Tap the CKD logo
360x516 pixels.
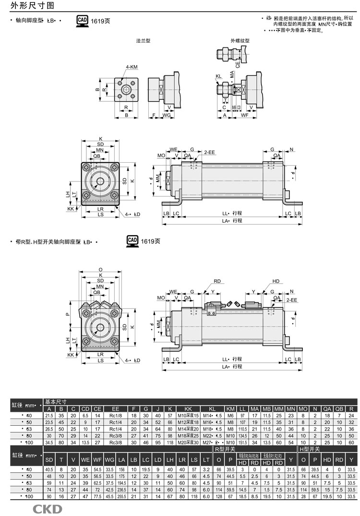coord(47,509)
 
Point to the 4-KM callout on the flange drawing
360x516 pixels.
coord(131,67)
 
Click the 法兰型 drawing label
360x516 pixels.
coord(143,41)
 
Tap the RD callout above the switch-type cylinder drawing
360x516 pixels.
coord(217,281)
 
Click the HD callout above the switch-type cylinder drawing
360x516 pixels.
coord(276,281)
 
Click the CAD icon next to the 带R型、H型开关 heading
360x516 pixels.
coord(132,240)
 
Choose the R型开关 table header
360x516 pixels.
coord(224,448)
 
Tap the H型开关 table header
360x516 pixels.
coord(310,448)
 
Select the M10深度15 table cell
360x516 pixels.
coord(188,415)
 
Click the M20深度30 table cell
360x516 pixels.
coord(188,442)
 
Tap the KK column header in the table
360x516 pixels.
coord(188,408)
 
